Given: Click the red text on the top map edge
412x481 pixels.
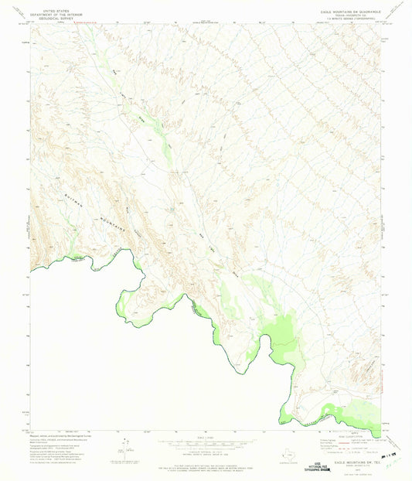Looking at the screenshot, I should point(87,23).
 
